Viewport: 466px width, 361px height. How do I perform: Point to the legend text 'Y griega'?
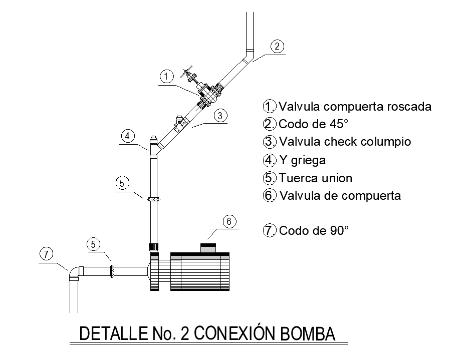click(x=302, y=160)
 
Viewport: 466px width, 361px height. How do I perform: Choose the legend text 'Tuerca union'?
click(x=316, y=178)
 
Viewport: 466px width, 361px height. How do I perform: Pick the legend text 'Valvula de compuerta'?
click(x=340, y=196)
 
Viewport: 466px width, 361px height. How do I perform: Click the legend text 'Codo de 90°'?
click(x=314, y=231)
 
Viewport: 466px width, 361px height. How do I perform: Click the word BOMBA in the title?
click(x=304, y=334)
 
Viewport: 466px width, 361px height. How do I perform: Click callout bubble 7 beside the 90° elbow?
click(x=46, y=254)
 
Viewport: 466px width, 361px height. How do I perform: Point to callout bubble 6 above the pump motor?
click(x=229, y=221)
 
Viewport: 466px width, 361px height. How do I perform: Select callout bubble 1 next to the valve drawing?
click(x=166, y=77)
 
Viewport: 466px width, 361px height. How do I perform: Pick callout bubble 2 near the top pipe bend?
click(x=277, y=46)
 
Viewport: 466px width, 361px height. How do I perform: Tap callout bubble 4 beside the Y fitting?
click(x=128, y=136)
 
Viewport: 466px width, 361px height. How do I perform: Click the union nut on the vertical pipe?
click(x=154, y=198)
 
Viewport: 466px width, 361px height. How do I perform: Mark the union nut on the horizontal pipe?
click(x=112, y=271)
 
